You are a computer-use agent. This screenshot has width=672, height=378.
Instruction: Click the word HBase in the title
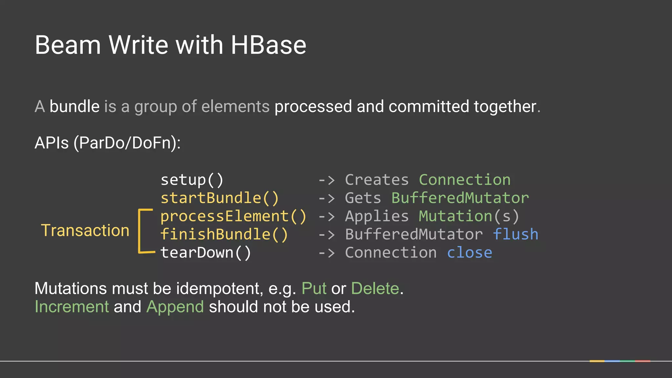(x=268, y=45)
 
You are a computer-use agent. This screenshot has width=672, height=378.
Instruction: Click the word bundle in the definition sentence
(x=74, y=107)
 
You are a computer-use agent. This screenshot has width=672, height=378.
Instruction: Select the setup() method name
(x=192, y=180)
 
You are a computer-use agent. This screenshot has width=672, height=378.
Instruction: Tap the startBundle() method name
(x=220, y=198)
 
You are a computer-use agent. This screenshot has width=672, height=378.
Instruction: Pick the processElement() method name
(x=233, y=216)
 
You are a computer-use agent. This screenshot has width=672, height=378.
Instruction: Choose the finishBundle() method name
(x=224, y=235)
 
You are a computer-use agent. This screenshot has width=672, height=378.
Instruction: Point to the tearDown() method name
(x=206, y=253)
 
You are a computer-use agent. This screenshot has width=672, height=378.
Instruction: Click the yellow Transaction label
(x=85, y=230)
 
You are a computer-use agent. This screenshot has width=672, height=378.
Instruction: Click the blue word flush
(x=515, y=235)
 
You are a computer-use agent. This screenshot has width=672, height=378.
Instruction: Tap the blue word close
(x=470, y=253)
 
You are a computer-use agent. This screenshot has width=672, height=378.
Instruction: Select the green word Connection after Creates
(x=465, y=180)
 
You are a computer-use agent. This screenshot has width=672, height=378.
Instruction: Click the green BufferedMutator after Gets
(x=460, y=198)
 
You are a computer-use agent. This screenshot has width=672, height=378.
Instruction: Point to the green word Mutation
(x=455, y=216)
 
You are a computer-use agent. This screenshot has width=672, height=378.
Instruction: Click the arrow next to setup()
(x=327, y=180)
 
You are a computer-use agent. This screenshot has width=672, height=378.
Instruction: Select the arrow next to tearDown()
(x=327, y=253)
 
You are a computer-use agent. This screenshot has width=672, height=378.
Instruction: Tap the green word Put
(x=314, y=289)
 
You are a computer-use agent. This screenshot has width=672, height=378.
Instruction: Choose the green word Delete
(x=375, y=289)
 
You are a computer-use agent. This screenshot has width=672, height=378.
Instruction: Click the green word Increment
(x=72, y=307)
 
